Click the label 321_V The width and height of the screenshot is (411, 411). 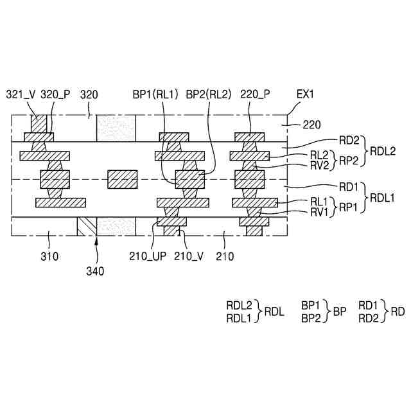coord(21,94)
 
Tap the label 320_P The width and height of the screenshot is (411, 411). coord(54,94)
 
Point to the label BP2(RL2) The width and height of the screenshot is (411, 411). coord(207,94)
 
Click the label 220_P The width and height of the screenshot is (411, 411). coord(255,94)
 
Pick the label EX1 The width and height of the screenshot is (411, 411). coord(305,94)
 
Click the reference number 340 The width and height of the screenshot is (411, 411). coord(94,271)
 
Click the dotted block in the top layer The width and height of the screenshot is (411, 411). coord(116,129)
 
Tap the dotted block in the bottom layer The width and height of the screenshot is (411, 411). coord(116,227)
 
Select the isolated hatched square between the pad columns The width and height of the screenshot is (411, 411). coord(122,179)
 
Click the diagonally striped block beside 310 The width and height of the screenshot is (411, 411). coord(86,227)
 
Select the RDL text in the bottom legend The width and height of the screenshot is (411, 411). coord(273,311)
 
